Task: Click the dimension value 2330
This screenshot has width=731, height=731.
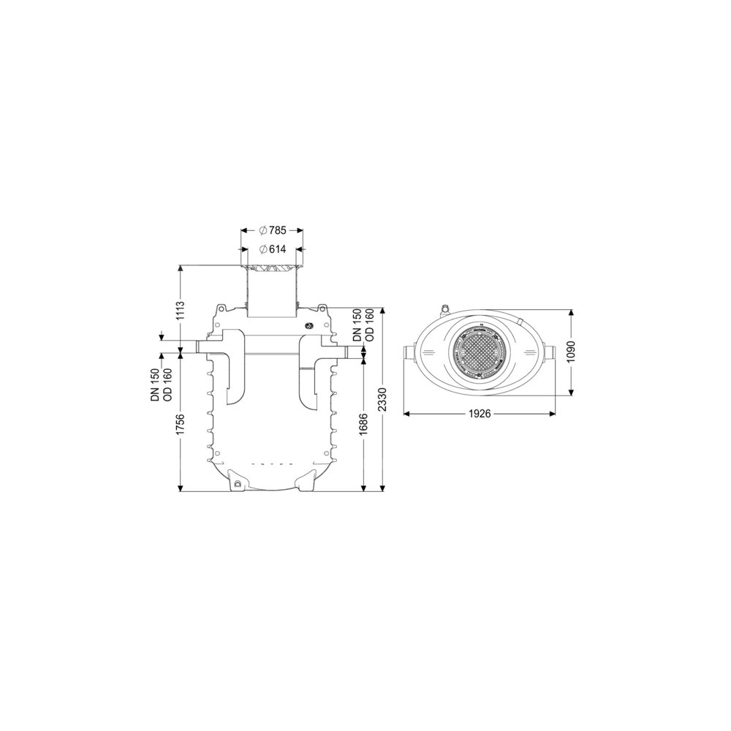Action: point(383,401)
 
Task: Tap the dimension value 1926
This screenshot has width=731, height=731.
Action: point(480,414)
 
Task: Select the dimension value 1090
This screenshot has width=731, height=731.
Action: point(572,352)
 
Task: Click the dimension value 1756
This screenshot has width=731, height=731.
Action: point(181,424)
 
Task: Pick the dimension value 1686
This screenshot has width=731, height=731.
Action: point(364,424)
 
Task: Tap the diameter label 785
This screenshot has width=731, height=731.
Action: point(272,230)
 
